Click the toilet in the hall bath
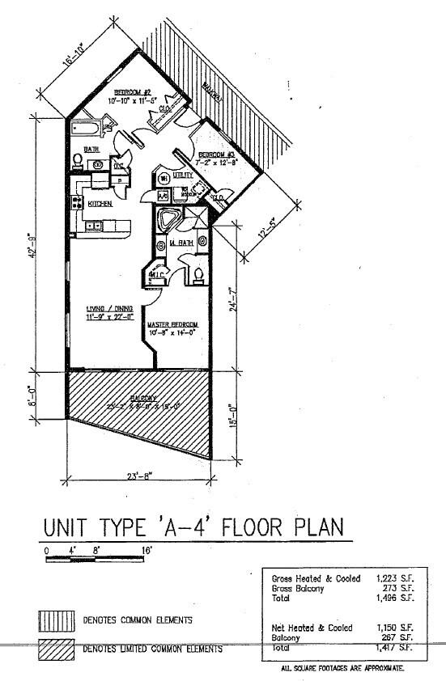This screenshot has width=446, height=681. (79, 159)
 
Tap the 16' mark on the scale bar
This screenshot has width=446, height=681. (147, 549)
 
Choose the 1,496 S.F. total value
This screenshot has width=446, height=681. (395, 599)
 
